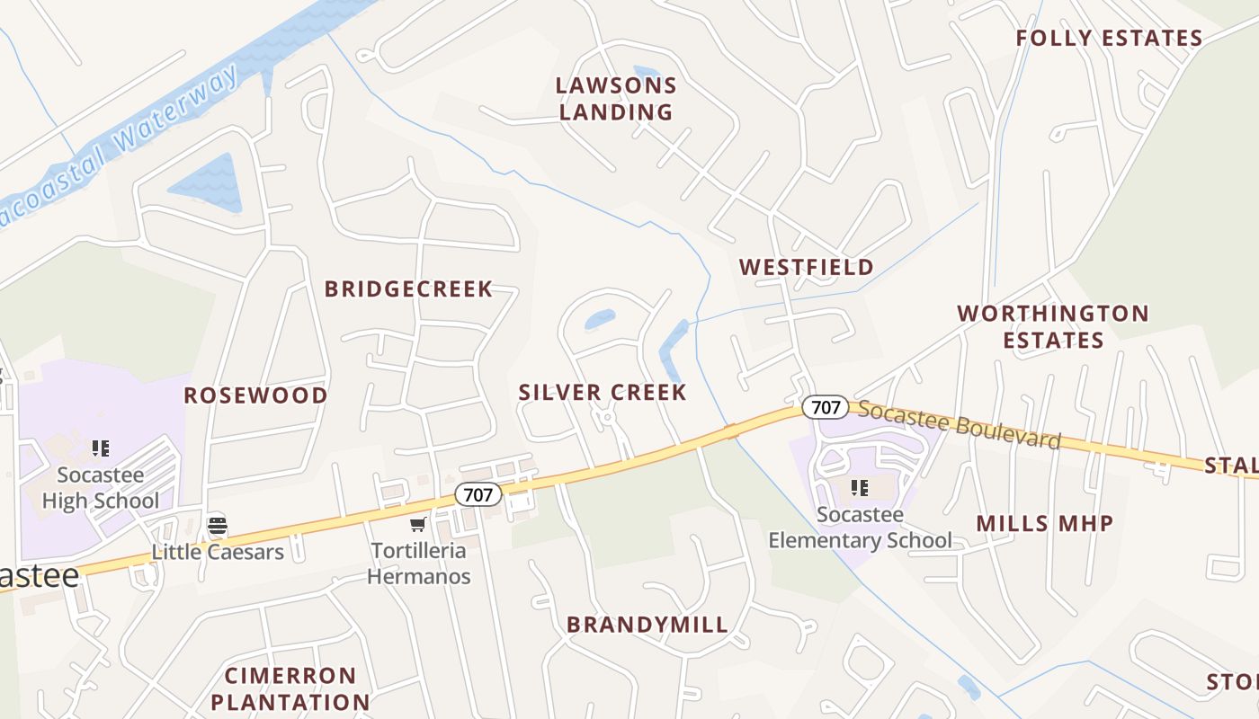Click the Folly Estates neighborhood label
tap(1109, 39)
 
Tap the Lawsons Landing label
tap(616, 99)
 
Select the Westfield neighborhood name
tap(806, 267)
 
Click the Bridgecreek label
tap(408, 289)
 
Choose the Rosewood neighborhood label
tap(255, 396)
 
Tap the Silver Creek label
tap(603, 393)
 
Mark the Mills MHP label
tap(1044, 524)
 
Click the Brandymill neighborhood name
tap(647, 626)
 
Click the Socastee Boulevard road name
tap(959, 424)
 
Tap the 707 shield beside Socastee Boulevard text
tap(825, 407)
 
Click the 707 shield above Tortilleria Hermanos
tap(478, 493)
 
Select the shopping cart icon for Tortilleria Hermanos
tap(417, 524)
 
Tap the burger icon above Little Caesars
tap(217, 526)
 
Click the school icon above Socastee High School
tap(101, 448)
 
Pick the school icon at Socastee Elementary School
tap(859, 488)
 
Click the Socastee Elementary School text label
tap(859, 528)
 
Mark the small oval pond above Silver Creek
tap(600, 319)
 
